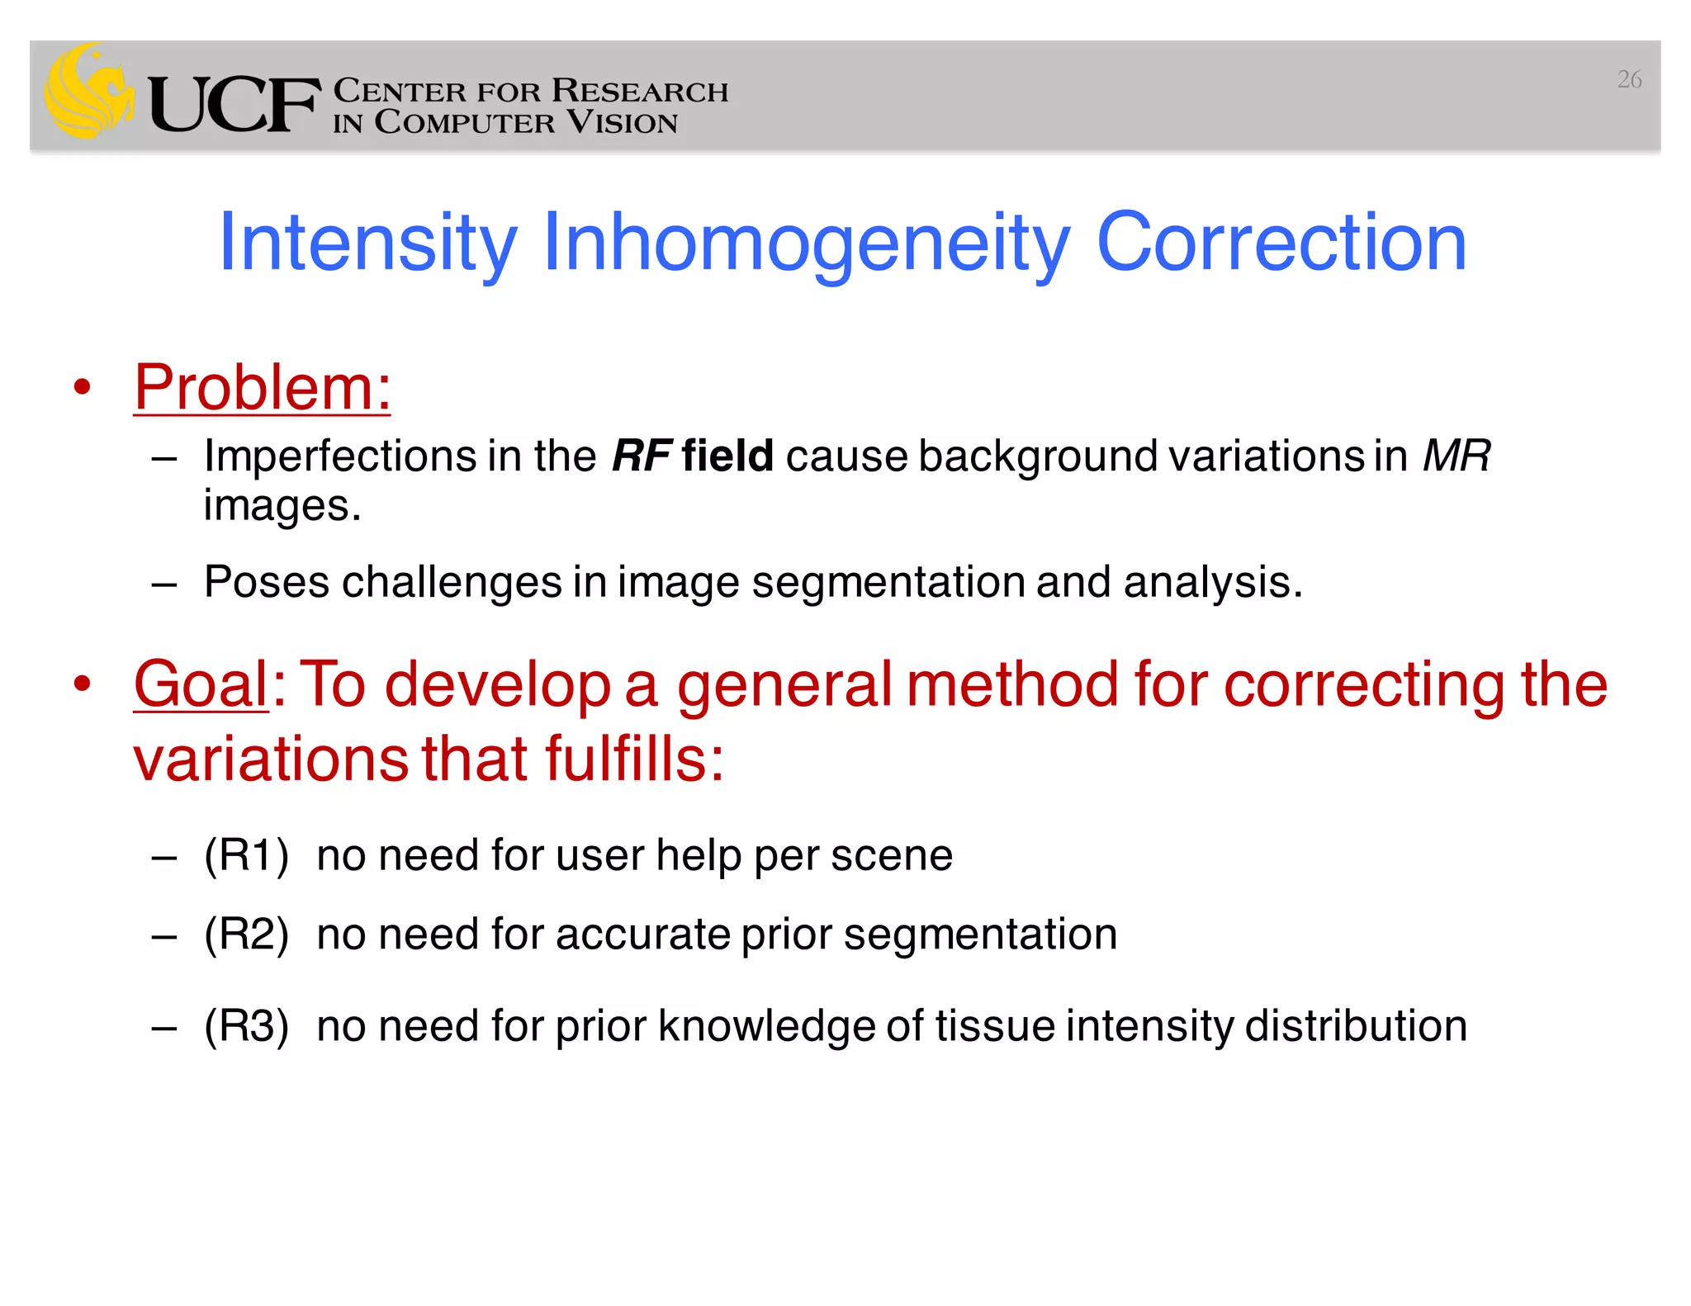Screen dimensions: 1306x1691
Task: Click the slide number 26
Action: [x=1628, y=80]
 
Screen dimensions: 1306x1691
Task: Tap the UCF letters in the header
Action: [x=234, y=106]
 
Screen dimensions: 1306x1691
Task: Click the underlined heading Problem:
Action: [x=263, y=387]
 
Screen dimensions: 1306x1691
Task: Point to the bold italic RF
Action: [x=642, y=456]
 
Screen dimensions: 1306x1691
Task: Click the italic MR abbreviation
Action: [x=1457, y=456]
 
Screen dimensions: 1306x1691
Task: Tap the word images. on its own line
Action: [x=282, y=506]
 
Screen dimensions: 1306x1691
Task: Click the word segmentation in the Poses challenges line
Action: [x=888, y=582]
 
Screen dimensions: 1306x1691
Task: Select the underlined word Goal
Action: [x=201, y=684]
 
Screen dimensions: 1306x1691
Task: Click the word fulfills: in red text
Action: [x=633, y=759]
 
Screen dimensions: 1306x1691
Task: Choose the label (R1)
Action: [x=247, y=855]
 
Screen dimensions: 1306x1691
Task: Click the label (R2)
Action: [x=247, y=935]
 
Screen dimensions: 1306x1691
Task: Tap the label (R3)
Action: [x=247, y=1026]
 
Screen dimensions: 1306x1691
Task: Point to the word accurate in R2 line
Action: [x=643, y=935]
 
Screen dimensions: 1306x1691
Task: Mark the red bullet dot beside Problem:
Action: [x=81, y=387]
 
